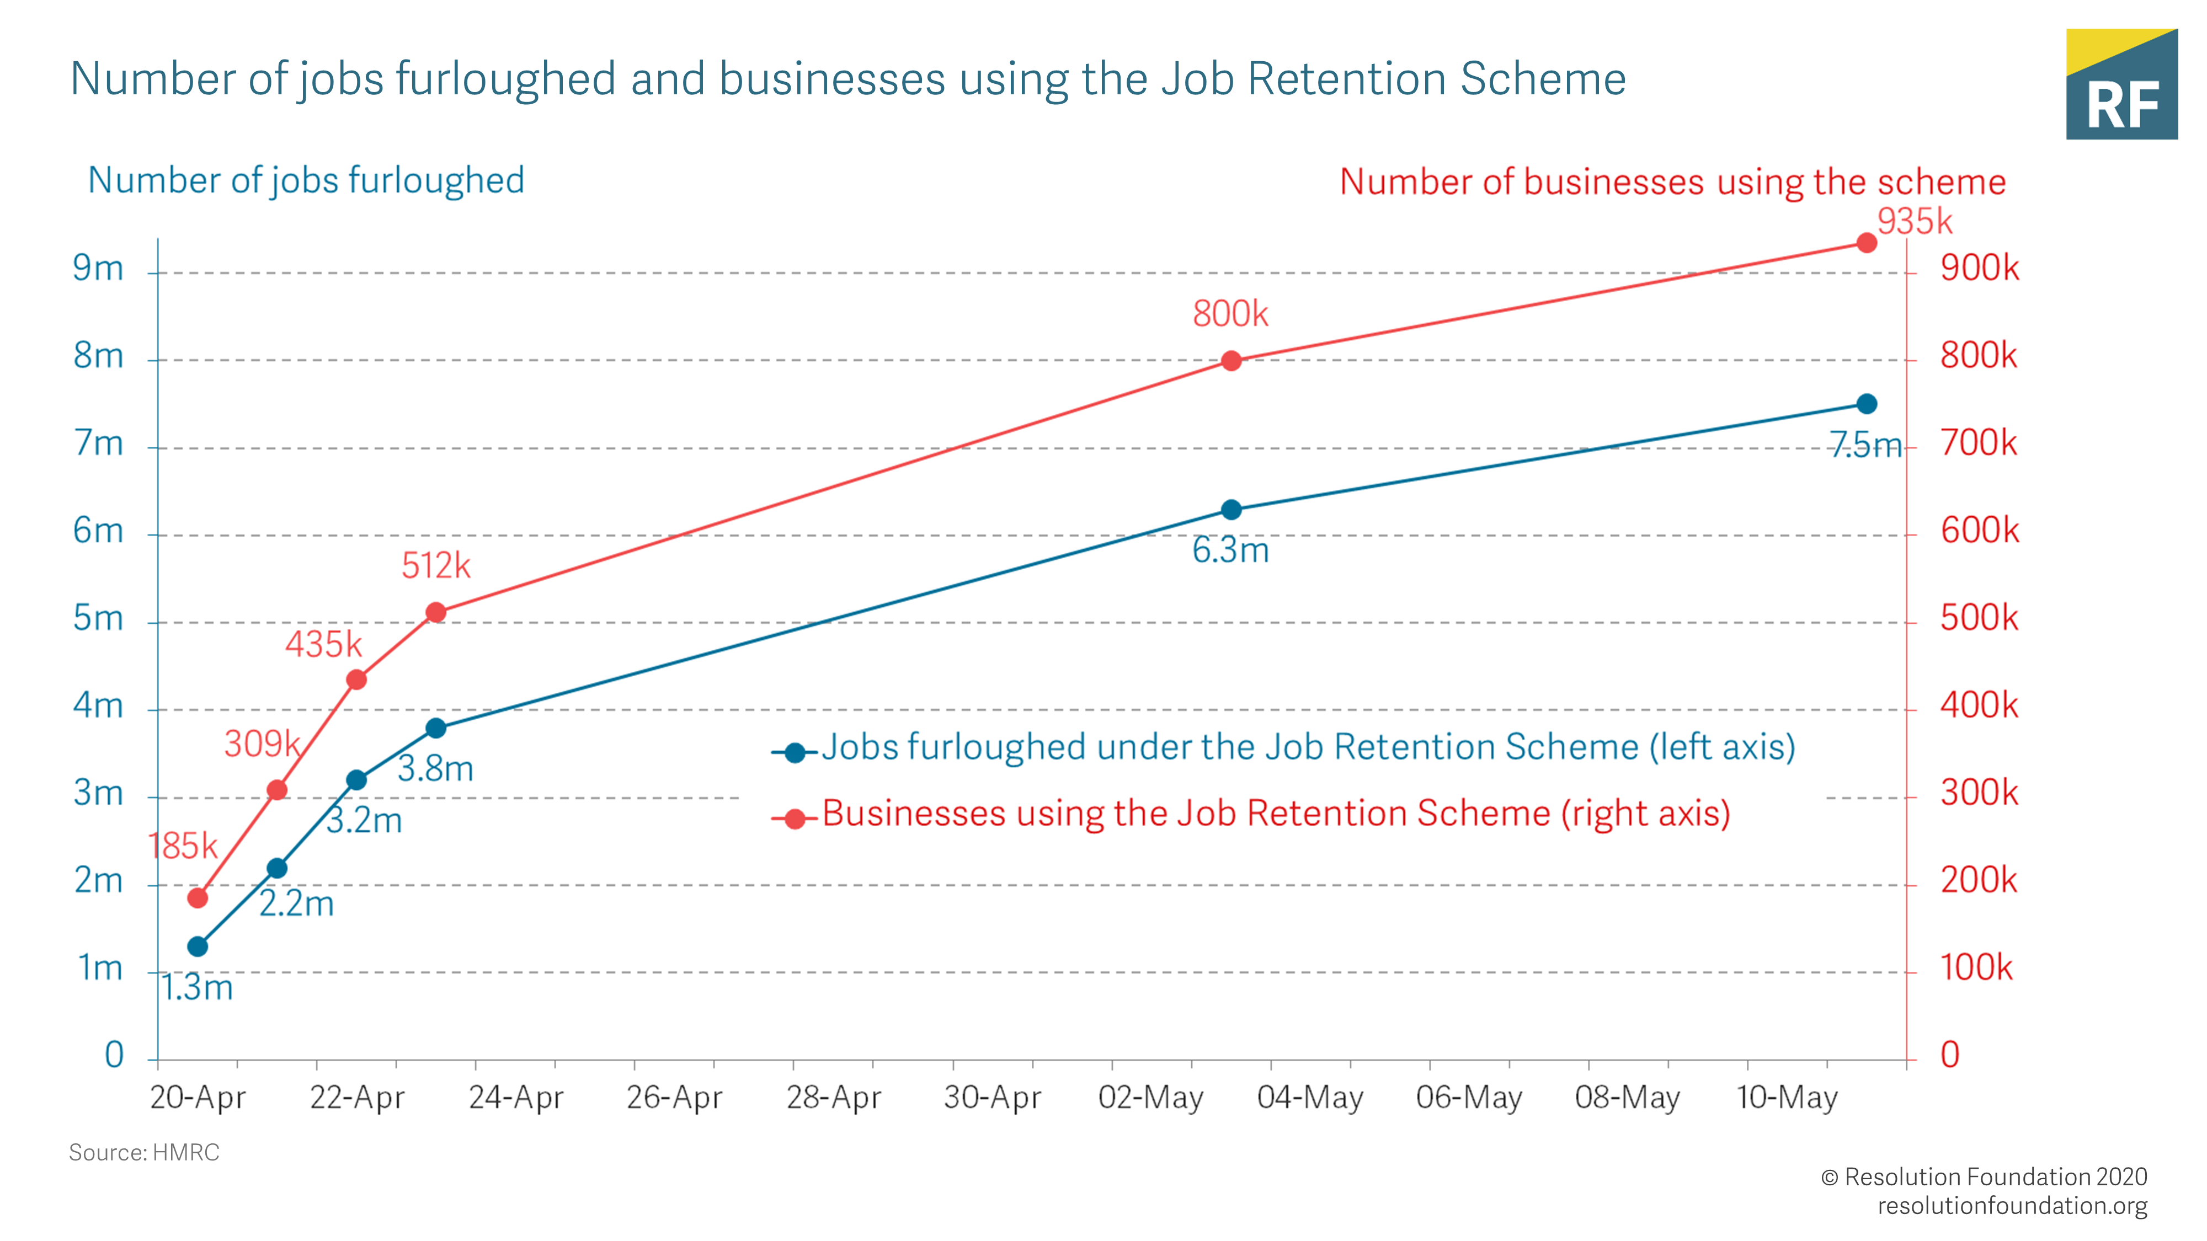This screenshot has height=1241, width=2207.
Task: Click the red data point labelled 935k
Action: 1866,243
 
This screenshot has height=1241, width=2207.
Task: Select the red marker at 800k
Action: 1231,361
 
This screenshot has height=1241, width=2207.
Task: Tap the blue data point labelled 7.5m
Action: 1866,403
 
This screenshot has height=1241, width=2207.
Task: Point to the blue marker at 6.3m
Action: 1231,510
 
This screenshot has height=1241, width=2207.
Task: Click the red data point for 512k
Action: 436,612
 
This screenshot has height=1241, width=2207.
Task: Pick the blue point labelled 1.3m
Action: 197,946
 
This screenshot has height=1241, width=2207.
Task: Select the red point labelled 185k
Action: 197,897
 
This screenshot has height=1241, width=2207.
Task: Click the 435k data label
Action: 324,644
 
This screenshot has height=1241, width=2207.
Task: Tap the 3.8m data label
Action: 435,768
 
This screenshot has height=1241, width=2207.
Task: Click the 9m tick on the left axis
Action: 98,269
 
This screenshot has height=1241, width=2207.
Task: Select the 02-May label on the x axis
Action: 1150,1097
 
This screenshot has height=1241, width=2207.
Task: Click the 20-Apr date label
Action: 198,1097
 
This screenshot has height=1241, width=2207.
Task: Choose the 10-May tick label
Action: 1787,1097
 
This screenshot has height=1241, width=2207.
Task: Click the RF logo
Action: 2121,85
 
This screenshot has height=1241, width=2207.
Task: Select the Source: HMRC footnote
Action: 144,1153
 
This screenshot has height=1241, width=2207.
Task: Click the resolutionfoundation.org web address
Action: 2012,1206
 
